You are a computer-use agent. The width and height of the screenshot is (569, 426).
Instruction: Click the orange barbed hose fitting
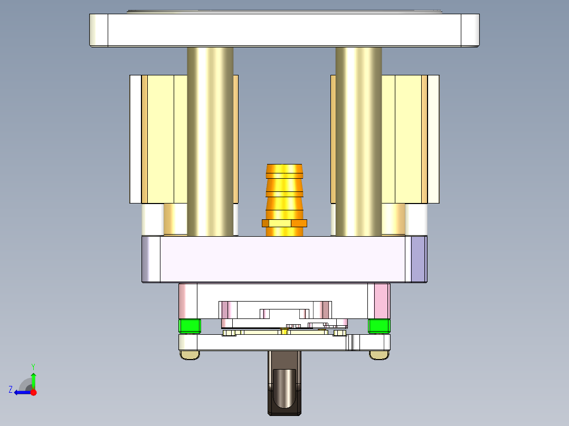[284, 190]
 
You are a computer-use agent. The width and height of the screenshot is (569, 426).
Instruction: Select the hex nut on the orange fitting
[284, 223]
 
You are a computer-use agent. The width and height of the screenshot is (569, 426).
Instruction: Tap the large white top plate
[284, 30]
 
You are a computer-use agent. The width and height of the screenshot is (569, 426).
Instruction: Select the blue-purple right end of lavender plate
[418, 259]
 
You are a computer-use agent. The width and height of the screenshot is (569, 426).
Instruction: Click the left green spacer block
[190, 326]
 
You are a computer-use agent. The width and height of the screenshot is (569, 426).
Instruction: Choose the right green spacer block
[379, 326]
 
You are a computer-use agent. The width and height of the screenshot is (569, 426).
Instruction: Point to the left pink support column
[187, 301]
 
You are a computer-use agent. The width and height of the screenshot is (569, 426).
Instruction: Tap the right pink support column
[382, 301]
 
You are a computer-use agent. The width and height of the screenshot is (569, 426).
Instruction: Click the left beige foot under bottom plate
[190, 355]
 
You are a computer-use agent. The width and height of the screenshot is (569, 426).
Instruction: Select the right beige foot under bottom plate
[379, 355]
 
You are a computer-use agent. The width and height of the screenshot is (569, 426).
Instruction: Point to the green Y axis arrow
[33, 379]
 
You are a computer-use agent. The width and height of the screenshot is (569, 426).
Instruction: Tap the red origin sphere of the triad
[33, 392]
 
